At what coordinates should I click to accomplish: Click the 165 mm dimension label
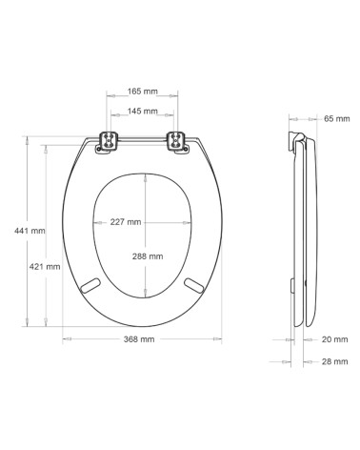click(143, 92)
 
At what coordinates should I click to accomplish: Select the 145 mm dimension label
click(143, 112)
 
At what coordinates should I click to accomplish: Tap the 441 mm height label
click(30, 231)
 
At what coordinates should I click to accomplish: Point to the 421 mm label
click(45, 267)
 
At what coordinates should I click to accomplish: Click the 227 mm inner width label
click(126, 222)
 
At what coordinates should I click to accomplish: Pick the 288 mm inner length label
click(148, 256)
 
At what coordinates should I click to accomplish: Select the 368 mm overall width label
click(139, 339)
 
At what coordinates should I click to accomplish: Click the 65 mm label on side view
click(337, 119)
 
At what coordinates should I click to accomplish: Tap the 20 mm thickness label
click(335, 339)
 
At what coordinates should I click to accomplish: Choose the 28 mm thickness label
click(335, 361)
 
